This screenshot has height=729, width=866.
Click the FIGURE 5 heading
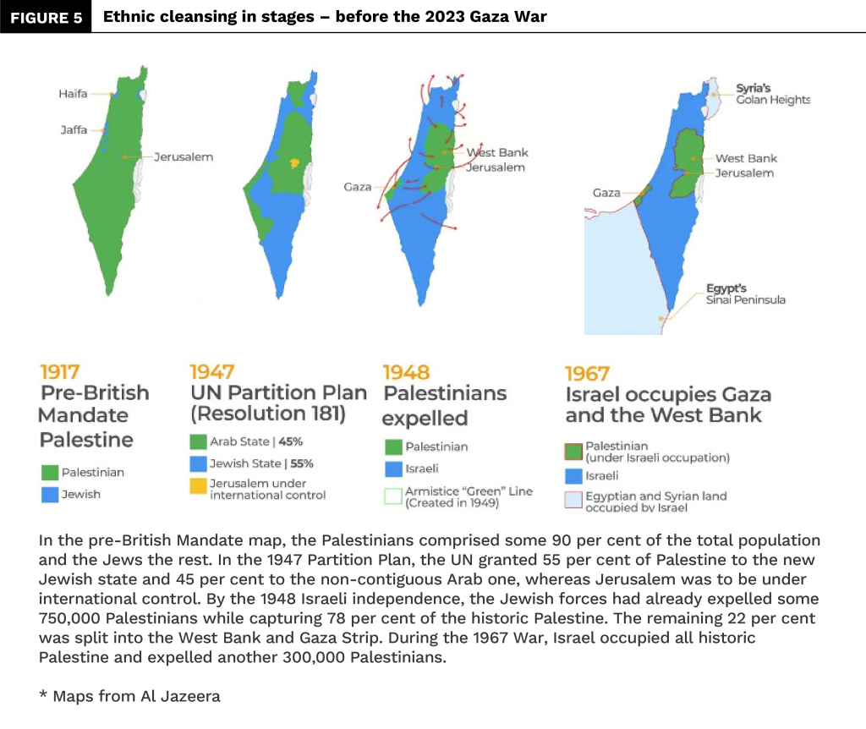point(47,18)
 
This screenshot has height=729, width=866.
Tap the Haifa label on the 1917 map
point(73,94)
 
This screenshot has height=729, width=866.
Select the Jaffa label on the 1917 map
point(74,130)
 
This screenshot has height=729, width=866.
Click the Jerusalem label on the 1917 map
point(183,156)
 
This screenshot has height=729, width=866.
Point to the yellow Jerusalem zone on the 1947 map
point(293,162)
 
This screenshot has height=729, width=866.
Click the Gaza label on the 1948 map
point(357,186)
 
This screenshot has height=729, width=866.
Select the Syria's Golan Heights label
point(772,93)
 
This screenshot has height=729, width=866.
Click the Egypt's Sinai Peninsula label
point(745,293)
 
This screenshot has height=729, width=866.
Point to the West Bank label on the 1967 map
point(746,158)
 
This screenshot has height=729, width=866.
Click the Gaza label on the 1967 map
point(606,193)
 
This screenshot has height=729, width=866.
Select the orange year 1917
point(60,372)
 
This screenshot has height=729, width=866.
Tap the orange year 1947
point(212,372)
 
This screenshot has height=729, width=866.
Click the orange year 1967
point(587,373)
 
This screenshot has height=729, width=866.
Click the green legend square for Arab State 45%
point(198,441)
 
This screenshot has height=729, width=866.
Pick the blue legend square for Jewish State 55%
point(198,464)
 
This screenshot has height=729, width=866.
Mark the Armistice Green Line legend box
point(392,496)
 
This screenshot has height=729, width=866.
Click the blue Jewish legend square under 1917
point(49,494)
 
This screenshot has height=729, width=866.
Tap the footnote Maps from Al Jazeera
point(129,696)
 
